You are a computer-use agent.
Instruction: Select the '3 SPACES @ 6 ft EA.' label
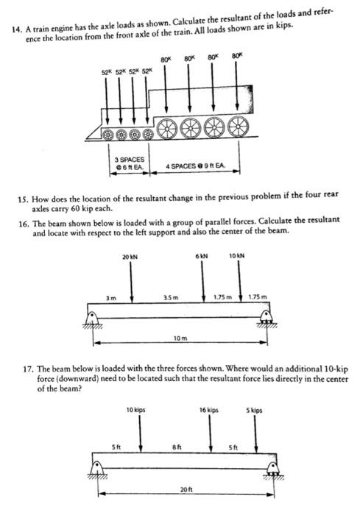point(130,164)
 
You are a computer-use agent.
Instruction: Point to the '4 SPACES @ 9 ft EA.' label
point(195,167)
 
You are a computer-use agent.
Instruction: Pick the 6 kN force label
point(202,256)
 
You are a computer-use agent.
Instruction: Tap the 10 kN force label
point(237,256)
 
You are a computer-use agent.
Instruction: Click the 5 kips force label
point(255,409)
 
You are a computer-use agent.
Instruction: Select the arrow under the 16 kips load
point(211,434)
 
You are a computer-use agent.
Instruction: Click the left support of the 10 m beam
point(92,319)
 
